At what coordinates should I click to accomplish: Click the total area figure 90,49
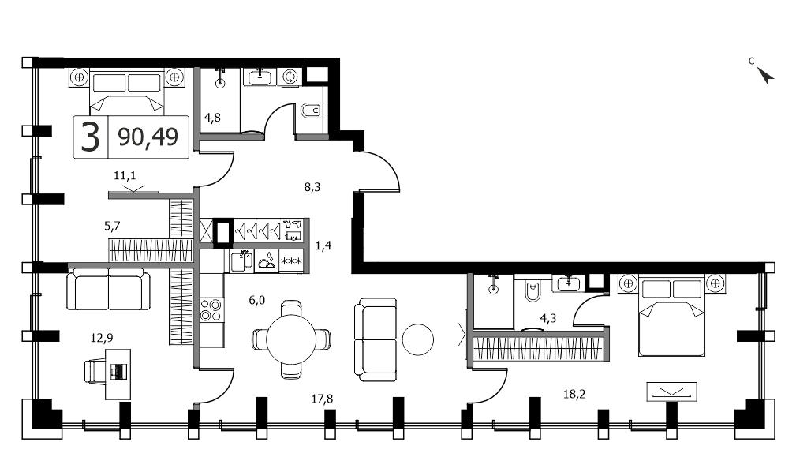click(148, 137)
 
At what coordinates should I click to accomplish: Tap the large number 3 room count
click(91, 137)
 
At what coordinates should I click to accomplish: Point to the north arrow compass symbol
click(765, 75)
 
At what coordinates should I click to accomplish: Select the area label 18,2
click(574, 394)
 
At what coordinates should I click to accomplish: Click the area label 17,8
click(322, 399)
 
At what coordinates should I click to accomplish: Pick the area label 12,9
click(102, 337)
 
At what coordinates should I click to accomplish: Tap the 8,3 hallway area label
click(312, 187)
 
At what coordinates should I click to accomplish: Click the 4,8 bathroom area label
click(212, 118)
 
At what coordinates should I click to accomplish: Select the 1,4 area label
click(323, 245)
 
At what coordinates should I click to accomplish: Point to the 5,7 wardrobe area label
click(112, 226)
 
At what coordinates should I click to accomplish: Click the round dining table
click(291, 339)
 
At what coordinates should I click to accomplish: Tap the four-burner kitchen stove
click(211, 310)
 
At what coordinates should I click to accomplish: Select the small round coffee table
click(418, 339)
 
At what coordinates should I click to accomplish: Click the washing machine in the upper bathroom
click(290, 77)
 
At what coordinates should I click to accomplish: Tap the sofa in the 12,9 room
click(109, 290)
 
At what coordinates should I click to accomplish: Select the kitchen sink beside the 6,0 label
click(241, 261)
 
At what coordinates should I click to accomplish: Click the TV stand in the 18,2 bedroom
click(671, 392)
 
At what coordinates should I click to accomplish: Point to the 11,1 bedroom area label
click(125, 176)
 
